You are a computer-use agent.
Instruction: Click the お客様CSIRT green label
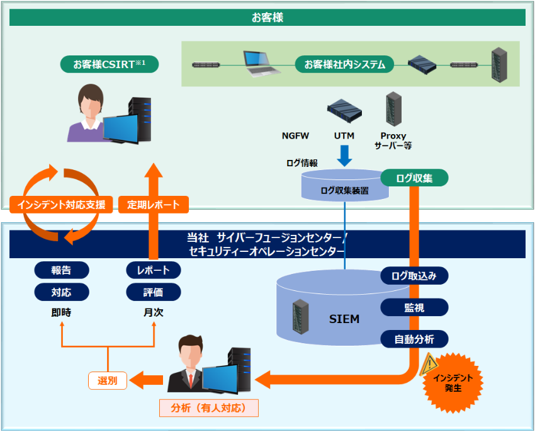pyautogui.click(x=110, y=64)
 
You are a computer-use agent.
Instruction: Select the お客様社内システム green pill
pyautogui.click(x=344, y=64)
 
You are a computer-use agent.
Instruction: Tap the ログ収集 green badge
pyautogui.click(x=414, y=178)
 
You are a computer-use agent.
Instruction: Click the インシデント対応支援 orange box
pyautogui.click(x=62, y=204)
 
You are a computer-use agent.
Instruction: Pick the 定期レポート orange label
pyautogui.click(x=154, y=204)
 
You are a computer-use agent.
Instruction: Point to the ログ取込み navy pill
pyautogui.click(x=415, y=275)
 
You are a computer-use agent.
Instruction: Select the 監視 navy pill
pyautogui.click(x=415, y=307)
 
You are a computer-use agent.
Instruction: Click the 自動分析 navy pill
pyautogui.click(x=415, y=339)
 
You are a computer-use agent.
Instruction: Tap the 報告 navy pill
pyautogui.click(x=61, y=270)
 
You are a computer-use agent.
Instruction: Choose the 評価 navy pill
pyautogui.click(x=154, y=292)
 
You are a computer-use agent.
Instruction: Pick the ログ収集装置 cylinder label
pyautogui.click(x=344, y=190)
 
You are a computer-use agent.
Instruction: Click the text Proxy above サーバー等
pyautogui.click(x=393, y=135)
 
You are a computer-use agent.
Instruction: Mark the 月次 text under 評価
pyautogui.click(x=154, y=312)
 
